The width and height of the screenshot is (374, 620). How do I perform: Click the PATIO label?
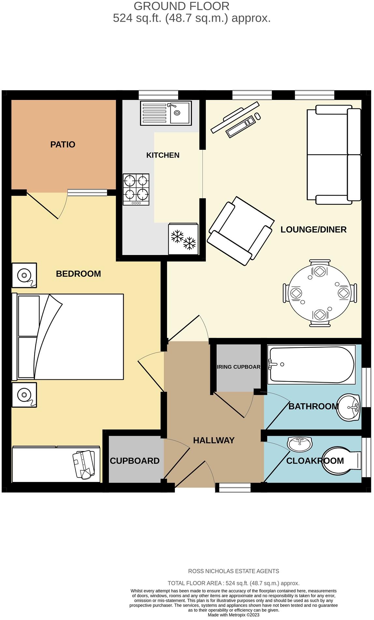[63, 145]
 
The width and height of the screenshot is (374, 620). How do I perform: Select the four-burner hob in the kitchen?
[136, 190]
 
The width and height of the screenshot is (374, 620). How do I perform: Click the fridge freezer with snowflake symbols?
[183, 239]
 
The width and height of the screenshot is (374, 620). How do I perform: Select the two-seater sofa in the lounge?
[334, 155]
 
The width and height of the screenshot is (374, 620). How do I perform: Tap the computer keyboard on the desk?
[241, 126]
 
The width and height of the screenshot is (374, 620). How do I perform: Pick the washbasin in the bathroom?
[349, 407]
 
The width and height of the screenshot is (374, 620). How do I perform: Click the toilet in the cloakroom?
[341, 460]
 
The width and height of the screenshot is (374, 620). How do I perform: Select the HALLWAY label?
[214, 441]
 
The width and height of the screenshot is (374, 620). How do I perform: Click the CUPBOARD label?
[135, 461]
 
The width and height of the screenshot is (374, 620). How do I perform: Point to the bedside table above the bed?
[24, 275]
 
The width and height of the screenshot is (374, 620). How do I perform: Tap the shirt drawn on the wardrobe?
[84, 464]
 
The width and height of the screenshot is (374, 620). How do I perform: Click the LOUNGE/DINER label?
[313, 230]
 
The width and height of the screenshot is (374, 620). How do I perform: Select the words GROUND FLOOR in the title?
[181, 6]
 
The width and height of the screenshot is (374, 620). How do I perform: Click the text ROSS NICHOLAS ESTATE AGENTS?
[234, 571]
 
